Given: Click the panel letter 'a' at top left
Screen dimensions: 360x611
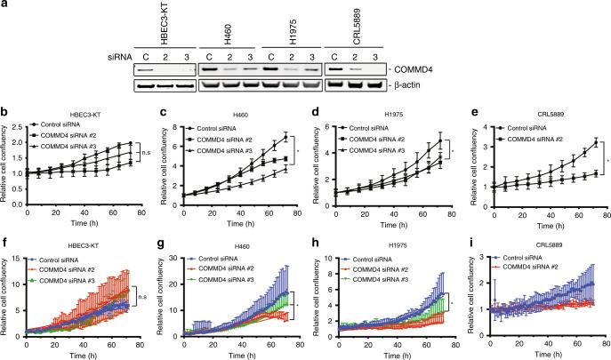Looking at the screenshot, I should click(x=4, y=5).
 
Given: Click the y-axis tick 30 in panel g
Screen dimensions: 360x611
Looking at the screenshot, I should click(x=171, y=243).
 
